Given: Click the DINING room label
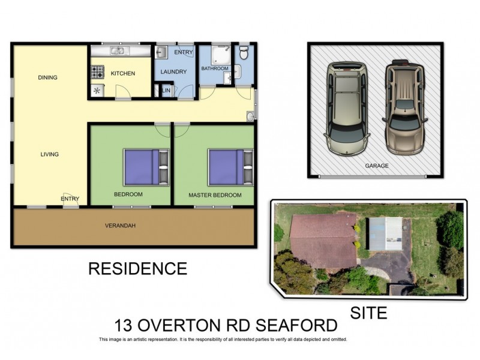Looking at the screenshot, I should click(x=47, y=77).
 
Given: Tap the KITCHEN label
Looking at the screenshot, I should click(x=123, y=74).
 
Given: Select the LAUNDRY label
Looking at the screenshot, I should click(x=174, y=73).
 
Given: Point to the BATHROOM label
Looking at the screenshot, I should click(x=215, y=68).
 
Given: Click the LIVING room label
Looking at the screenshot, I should click(x=49, y=154).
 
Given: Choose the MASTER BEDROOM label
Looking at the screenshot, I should click(x=215, y=195).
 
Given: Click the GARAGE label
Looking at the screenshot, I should click(x=377, y=166).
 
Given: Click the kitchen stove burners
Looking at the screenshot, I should click(x=97, y=72).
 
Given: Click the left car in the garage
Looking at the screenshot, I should click(x=346, y=108).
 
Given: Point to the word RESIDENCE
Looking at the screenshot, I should click(x=137, y=268).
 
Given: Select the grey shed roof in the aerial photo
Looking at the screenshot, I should click(x=385, y=234).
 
